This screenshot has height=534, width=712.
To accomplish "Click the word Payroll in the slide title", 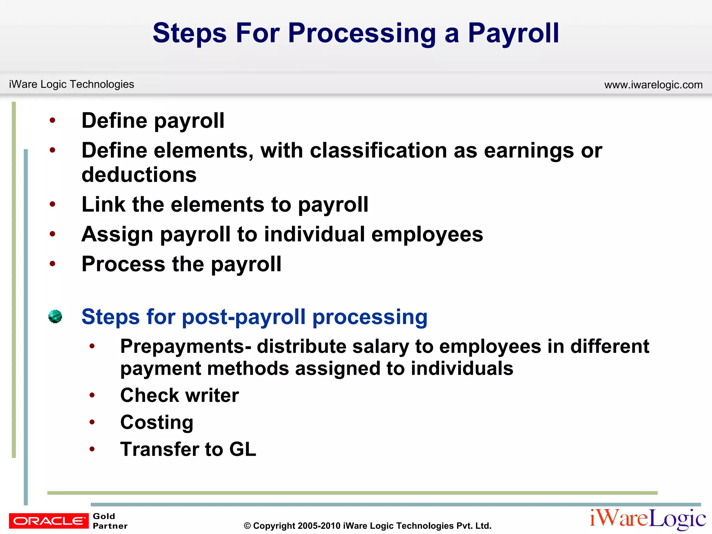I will (x=513, y=33).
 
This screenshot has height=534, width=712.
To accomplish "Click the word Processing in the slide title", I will (x=362, y=34).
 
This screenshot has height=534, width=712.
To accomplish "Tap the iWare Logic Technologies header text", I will (x=71, y=84).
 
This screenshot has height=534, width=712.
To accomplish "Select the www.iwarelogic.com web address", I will (x=653, y=85).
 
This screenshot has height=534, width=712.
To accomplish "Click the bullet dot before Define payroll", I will (x=52, y=121).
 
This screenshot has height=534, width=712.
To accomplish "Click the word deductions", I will (x=139, y=175).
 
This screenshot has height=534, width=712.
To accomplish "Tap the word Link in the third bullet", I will (x=103, y=204).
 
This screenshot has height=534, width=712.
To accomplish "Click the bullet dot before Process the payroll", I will (x=52, y=264).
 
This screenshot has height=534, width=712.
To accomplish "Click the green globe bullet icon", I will (x=55, y=316).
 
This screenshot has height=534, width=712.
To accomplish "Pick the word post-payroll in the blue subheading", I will (x=244, y=317).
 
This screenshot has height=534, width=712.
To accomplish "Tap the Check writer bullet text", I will (x=179, y=395).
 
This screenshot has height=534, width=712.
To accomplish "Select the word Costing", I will (x=156, y=422).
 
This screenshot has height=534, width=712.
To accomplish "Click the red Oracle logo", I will (x=49, y=521).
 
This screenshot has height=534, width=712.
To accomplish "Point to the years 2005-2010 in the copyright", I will (x=319, y=526).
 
